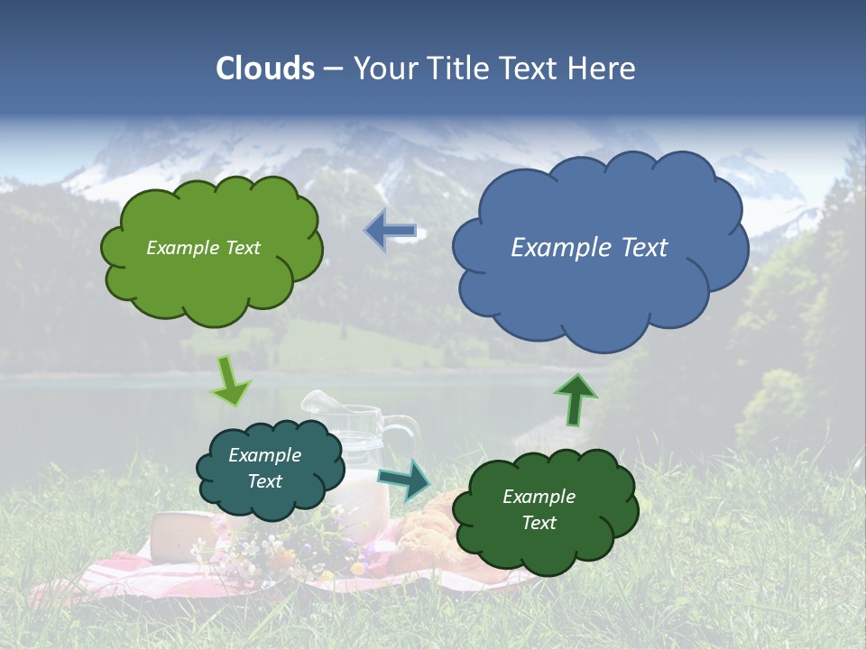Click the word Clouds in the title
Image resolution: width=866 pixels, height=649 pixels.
tap(265, 69)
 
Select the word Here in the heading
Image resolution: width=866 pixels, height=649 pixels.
tap(603, 69)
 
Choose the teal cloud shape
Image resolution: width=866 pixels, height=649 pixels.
tap(271, 468)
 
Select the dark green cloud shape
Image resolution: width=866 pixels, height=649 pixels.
tap(545, 509)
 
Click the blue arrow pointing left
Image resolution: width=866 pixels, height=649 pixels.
tap(391, 231)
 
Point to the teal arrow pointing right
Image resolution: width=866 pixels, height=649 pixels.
tap(405, 480)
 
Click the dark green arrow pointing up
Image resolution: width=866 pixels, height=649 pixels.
tap(576, 399)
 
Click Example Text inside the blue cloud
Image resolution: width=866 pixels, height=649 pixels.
tap(589, 248)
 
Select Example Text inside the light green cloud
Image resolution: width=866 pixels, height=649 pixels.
tap(203, 248)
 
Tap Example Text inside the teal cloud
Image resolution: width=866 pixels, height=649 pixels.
tap(264, 469)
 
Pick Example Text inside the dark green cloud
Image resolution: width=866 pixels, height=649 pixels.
tap(539, 509)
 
